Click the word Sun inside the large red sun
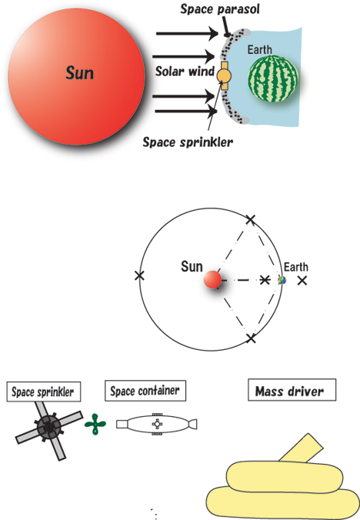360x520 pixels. click(79, 72)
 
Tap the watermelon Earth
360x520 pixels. click(273, 79)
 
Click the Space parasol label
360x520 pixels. click(220, 9)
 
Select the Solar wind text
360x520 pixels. click(185, 72)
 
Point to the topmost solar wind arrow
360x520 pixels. click(187, 34)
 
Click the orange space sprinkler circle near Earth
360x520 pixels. click(224, 76)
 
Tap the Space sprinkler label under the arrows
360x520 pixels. click(188, 142)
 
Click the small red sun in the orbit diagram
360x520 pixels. click(212, 279)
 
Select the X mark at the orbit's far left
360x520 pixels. click(139, 275)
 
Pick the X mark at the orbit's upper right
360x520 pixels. click(251, 219)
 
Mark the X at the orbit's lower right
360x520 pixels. click(252, 338)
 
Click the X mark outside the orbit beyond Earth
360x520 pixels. click(302, 281)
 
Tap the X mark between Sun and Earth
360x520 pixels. click(264, 280)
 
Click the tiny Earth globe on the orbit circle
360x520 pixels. click(282, 280)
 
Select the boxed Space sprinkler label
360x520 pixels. click(43, 392)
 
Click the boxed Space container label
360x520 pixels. click(145, 391)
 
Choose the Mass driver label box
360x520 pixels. click(292, 390)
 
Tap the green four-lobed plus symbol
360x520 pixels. click(95, 424)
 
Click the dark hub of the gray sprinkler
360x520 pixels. click(49, 427)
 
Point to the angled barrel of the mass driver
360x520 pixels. click(301, 448)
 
